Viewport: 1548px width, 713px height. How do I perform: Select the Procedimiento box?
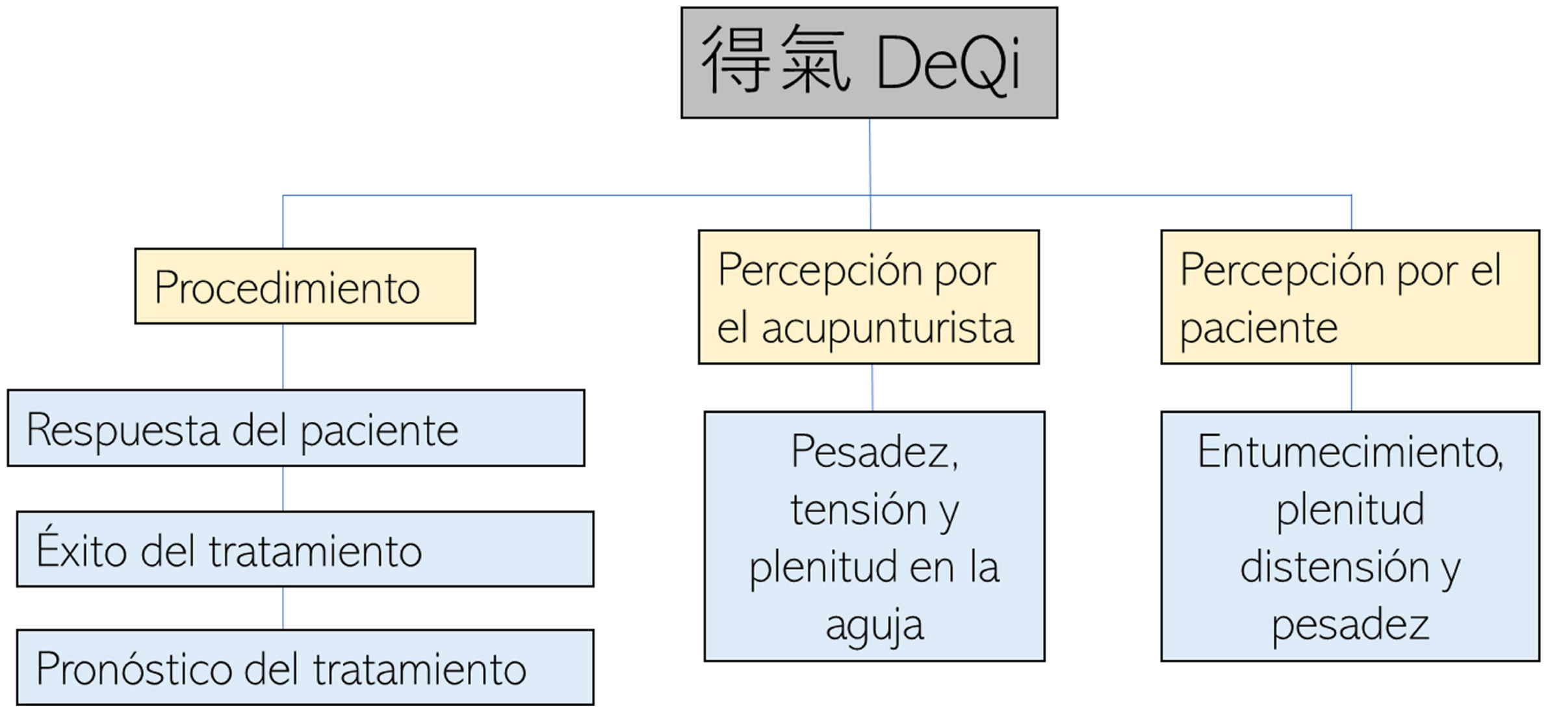[x=305, y=286]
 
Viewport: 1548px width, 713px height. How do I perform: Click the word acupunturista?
[x=887, y=329]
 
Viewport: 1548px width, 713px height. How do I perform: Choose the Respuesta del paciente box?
[x=296, y=428]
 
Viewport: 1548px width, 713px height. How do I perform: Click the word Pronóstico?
[x=133, y=669]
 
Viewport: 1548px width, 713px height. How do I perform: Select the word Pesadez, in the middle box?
[x=874, y=451]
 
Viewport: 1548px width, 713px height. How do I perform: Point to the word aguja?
[x=874, y=626]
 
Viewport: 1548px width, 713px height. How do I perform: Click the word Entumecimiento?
[x=1350, y=451]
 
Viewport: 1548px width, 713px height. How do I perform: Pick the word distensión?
[x=1334, y=567]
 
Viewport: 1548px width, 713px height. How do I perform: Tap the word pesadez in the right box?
[x=1350, y=625]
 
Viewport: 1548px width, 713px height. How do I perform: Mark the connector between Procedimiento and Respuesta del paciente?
[x=283, y=357]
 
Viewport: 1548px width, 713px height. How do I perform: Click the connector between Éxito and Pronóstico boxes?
[x=283, y=608]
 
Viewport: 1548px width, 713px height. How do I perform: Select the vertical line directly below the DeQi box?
[x=870, y=156]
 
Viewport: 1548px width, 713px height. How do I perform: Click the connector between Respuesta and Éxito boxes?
[x=283, y=489]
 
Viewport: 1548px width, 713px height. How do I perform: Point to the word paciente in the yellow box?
[x=1259, y=329]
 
